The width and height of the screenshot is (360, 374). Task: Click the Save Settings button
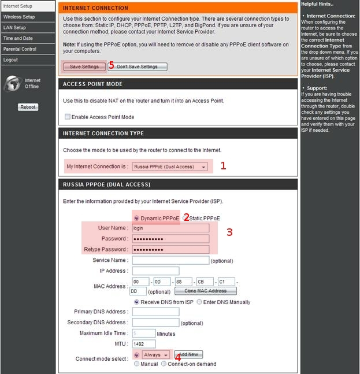click(84, 66)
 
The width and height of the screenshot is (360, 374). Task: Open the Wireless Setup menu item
click(19, 17)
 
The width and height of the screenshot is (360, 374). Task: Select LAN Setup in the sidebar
click(14, 28)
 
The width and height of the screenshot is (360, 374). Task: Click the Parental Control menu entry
click(20, 49)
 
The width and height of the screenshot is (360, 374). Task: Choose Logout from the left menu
click(10, 60)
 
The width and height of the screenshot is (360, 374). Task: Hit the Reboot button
click(28, 107)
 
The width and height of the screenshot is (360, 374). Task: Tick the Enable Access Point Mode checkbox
click(68, 117)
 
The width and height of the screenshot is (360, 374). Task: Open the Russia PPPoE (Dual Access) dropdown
click(170, 166)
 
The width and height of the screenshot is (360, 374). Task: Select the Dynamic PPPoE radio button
click(136, 219)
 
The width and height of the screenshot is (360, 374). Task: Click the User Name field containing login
click(170, 228)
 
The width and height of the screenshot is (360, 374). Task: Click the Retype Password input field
click(170, 250)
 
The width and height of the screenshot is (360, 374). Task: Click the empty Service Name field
click(170, 260)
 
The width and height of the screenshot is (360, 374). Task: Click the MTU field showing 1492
click(143, 344)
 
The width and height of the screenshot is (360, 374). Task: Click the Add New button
click(188, 354)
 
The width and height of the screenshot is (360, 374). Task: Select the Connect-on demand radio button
click(164, 364)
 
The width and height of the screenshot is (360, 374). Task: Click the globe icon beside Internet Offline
click(12, 84)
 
